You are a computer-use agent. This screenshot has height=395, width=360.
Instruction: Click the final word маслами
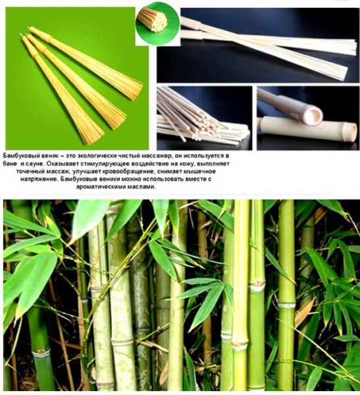146,187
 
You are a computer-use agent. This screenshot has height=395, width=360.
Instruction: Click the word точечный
27,172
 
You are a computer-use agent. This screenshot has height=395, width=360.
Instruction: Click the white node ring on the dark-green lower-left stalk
40,352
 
